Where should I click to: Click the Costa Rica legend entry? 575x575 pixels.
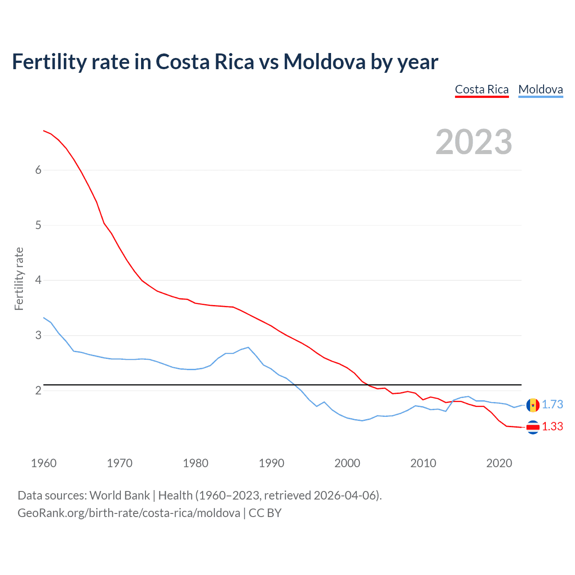[482, 89]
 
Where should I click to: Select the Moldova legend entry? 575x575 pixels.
[540, 89]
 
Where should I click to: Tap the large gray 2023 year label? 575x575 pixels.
[473, 142]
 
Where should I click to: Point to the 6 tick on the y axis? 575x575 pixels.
[38, 170]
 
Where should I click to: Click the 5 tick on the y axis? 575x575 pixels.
[38, 225]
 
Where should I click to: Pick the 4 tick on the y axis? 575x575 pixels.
[38, 280]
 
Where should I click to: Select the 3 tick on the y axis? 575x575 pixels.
[38, 336]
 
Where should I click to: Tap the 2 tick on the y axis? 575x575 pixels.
[38, 390]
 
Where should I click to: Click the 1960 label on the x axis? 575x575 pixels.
[44, 463]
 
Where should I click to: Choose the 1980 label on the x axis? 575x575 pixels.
[195, 463]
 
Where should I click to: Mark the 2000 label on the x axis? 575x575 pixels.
[347, 463]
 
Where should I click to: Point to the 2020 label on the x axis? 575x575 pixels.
[499, 463]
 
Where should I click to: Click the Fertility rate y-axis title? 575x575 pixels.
[19, 279]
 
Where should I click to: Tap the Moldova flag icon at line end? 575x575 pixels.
[533, 405]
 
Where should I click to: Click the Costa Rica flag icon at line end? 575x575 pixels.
[533, 427]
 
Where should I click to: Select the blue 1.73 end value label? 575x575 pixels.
[552, 405]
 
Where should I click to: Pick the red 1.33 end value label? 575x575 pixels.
[552, 427]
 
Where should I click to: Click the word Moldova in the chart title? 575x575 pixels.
[324, 62]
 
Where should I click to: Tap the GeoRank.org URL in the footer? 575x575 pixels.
[128, 513]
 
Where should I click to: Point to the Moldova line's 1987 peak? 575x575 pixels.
[248, 347]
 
